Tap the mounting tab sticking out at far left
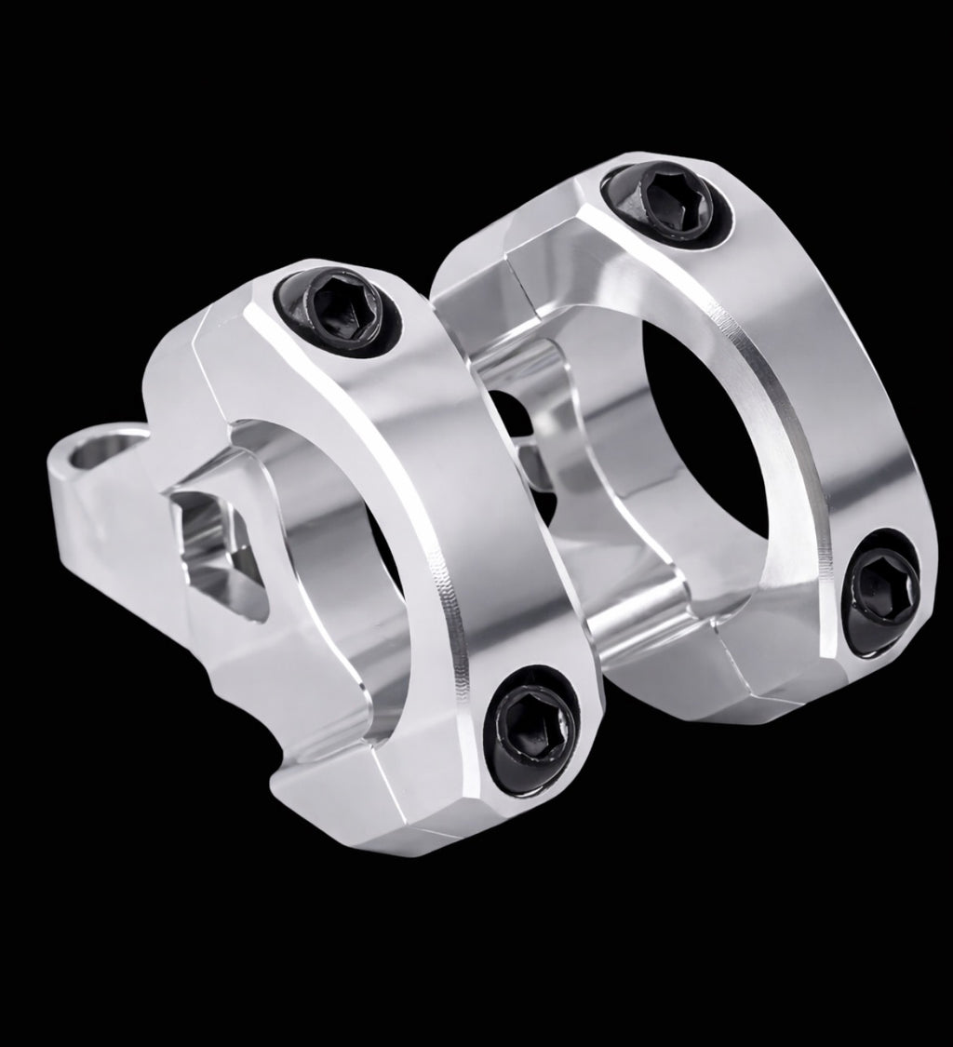pos(88,493)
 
